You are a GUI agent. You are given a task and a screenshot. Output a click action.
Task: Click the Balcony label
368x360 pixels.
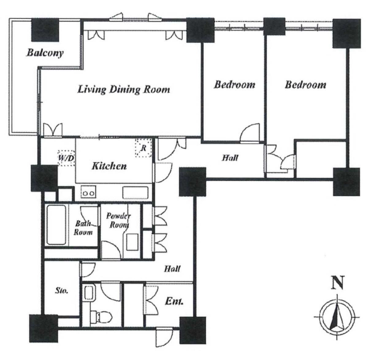pos(45,53)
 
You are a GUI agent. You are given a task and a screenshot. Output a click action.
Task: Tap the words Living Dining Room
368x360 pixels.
pos(124,90)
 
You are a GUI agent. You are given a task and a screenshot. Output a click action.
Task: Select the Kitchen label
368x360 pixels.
pos(109,166)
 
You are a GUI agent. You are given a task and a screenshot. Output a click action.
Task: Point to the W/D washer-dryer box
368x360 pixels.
pos(66,158)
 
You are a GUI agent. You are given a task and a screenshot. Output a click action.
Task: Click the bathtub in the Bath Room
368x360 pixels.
pos(56,225)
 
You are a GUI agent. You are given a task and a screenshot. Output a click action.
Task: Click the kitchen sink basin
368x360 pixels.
pos(135,192)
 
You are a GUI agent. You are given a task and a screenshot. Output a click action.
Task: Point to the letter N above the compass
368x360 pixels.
pos(338,283)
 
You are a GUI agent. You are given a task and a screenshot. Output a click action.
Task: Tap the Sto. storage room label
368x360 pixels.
pos(62,291)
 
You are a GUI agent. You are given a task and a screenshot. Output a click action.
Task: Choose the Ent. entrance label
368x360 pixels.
pos(174,301)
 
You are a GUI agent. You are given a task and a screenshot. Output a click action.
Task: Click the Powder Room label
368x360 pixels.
pos(118,220)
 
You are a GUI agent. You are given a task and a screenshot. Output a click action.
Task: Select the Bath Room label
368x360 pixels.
pos(83,228)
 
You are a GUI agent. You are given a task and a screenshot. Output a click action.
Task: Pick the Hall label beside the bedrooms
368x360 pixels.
pos(230,158)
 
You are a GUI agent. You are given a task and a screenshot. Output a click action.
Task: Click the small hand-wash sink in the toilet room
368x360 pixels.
pos(89,292)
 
